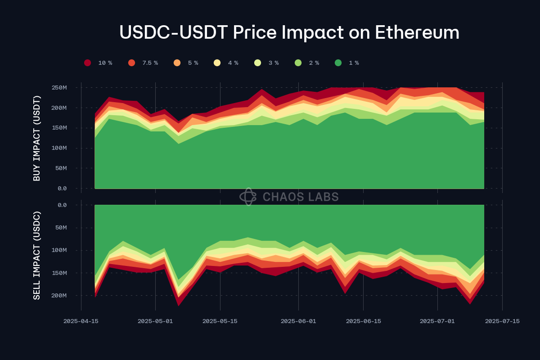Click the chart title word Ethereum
click(417, 33)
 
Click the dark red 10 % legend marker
click(87, 63)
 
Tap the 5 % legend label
click(193, 63)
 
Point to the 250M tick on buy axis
click(59, 87)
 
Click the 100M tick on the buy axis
click(59, 148)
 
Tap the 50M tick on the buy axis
click(61, 168)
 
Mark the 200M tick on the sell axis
click(59, 296)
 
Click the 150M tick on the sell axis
click(59, 273)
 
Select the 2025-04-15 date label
click(81, 321)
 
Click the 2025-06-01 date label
click(298, 321)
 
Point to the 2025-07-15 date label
click(502, 321)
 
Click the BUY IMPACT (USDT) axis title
click(37, 138)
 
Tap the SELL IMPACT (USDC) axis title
click(37, 255)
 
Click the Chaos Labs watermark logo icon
click(248, 197)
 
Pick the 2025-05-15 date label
click(220, 321)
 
